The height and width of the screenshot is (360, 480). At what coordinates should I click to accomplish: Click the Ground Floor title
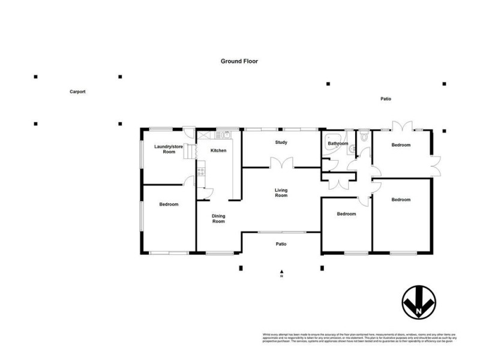[x=239, y=61]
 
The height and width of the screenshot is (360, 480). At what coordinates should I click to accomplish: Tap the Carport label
[x=77, y=92]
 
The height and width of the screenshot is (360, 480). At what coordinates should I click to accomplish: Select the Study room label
[x=281, y=143]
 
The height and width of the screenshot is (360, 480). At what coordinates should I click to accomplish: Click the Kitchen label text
[x=218, y=151]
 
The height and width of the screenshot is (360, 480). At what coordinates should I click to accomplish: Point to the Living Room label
[x=281, y=193]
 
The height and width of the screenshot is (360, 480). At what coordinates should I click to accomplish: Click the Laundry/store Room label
[x=169, y=149]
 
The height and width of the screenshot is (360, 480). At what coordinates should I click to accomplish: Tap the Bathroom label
[x=338, y=144]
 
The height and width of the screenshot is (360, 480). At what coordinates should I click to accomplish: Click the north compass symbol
[x=419, y=302]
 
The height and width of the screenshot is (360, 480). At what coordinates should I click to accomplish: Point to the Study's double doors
[x=281, y=163]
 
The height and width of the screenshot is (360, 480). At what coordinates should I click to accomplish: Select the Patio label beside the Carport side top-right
[x=385, y=98]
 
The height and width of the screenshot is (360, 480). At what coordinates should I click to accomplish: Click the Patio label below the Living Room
[x=280, y=244]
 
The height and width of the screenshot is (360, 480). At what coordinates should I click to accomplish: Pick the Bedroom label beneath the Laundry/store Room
[x=169, y=205]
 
